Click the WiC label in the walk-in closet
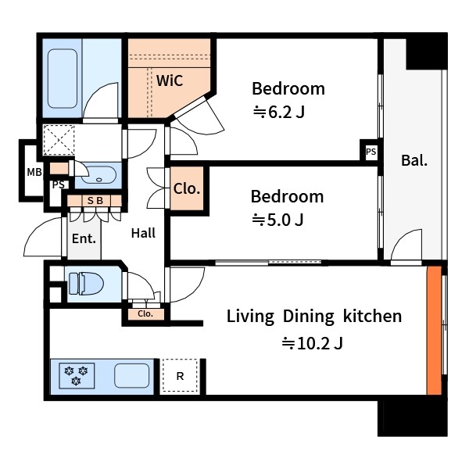pos(170,81)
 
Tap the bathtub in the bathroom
pos(63,79)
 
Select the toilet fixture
pos(86,284)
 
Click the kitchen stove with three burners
pos(77,375)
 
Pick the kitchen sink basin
pos(131,375)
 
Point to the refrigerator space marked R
pos(180,376)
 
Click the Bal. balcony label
pos(414,160)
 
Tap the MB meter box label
pos(34,172)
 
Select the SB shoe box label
pos(95,200)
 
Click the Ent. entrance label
pos(84,238)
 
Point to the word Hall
pos(143,233)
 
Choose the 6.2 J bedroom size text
pos(279,113)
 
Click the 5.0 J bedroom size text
pos(277,220)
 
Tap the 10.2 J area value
pos(312,343)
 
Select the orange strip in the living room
pos(434,330)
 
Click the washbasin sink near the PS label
pos(98,175)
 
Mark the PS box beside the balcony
pos(371,152)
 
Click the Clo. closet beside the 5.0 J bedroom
pos(187,188)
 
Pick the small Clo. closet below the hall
pos(145,314)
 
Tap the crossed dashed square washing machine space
pos(59,140)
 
